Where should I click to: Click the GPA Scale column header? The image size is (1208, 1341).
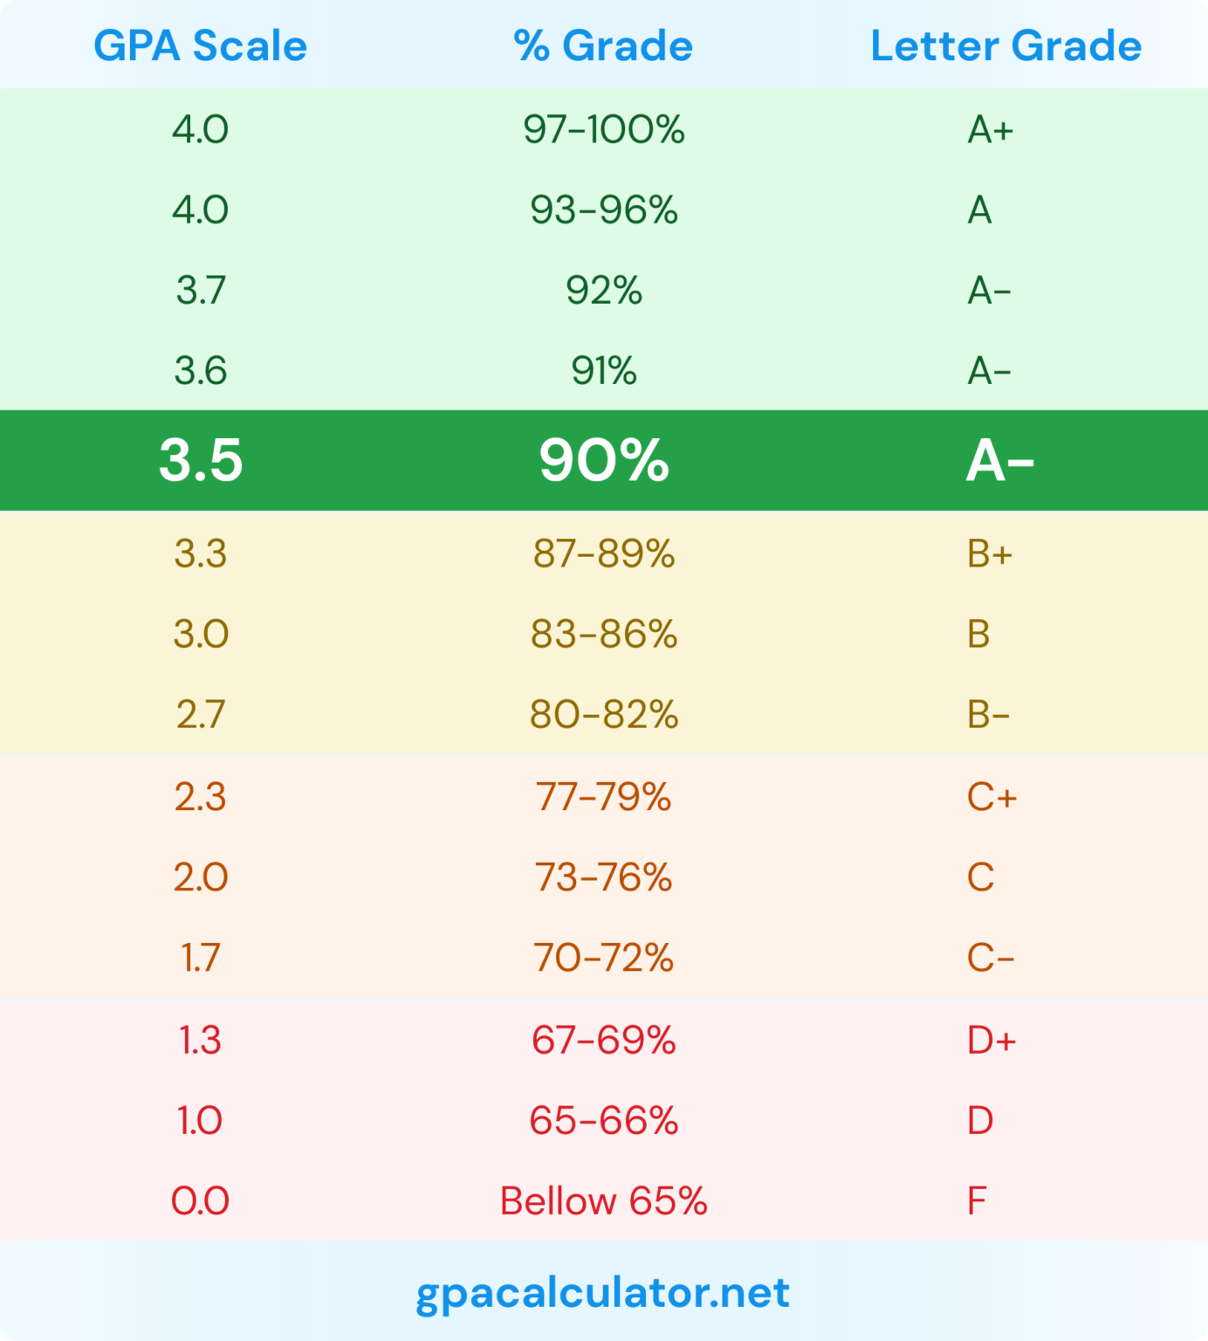point(200,45)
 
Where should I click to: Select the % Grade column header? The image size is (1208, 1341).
point(603,45)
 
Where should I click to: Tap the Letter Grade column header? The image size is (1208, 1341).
point(1006,45)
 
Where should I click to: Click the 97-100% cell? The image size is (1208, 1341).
point(603,130)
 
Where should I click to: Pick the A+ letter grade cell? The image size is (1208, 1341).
point(990,130)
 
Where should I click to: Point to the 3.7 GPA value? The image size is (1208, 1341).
point(200,291)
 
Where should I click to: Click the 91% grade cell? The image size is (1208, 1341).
point(603,371)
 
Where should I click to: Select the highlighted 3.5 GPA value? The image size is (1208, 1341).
point(200,460)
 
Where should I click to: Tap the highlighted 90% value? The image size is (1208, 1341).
point(603,460)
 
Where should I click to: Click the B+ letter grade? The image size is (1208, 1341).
point(989,554)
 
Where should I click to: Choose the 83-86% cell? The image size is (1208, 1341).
point(603,634)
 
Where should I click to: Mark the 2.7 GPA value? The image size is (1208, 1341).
point(200,714)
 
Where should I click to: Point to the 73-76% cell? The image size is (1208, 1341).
point(603,877)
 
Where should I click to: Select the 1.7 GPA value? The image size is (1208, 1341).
point(200,958)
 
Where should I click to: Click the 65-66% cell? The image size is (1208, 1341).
point(603,1121)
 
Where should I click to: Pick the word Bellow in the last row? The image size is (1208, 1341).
point(558,1201)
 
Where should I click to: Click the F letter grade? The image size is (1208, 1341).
point(976,1201)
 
